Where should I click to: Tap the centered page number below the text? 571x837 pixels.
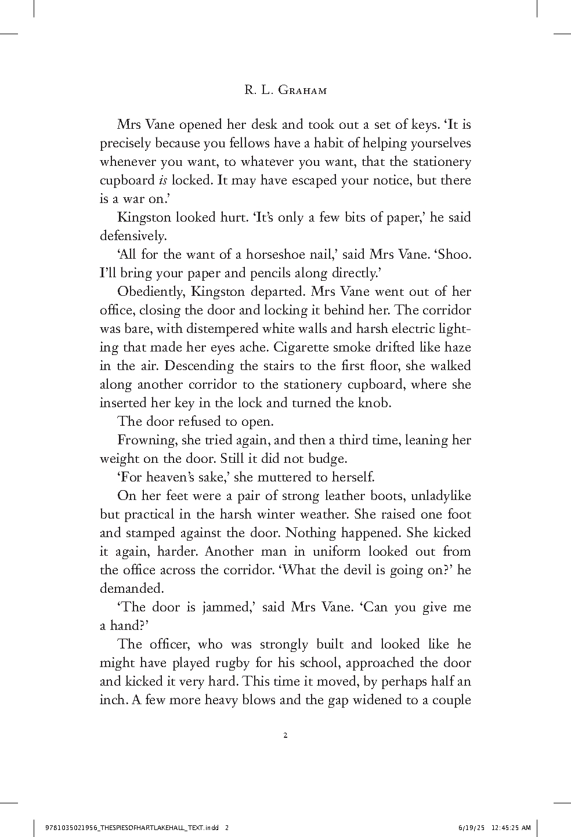[285, 736]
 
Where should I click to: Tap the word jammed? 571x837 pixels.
[226, 607]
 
